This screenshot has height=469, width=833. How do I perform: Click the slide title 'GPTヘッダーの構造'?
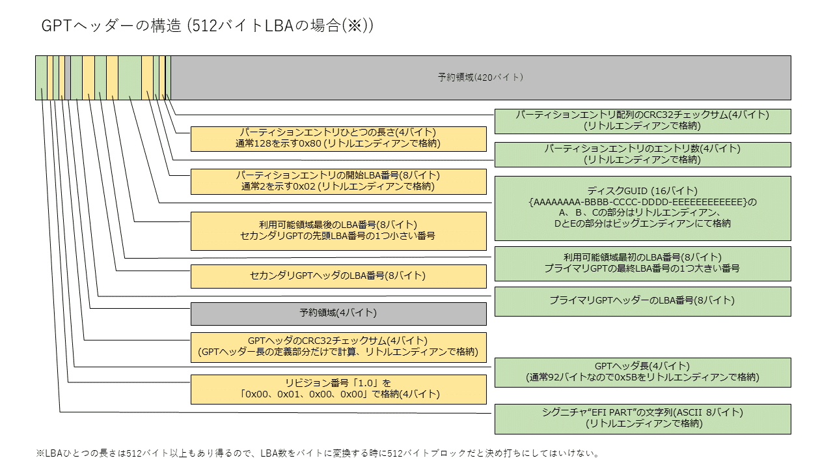point(111,25)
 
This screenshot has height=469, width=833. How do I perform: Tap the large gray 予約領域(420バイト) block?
point(481,78)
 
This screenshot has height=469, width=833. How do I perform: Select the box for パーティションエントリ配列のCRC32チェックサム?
point(642,121)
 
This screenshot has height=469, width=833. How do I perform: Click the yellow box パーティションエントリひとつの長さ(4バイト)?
point(338,139)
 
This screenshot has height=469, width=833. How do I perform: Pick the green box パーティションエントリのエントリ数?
point(642,154)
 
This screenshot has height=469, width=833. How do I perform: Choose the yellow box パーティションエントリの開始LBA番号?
point(338,182)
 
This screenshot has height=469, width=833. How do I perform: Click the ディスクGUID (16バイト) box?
point(642,208)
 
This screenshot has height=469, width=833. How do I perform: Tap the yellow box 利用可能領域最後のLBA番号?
point(338,231)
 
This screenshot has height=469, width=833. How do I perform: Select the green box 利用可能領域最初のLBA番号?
point(642,264)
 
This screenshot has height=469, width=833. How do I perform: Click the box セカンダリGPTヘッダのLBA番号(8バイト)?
point(338,276)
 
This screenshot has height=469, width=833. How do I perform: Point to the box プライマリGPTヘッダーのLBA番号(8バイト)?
point(642,302)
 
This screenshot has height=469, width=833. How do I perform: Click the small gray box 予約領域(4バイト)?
point(338,313)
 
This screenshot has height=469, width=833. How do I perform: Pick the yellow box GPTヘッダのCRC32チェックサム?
point(338,347)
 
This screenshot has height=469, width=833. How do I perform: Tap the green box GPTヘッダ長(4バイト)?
point(642,373)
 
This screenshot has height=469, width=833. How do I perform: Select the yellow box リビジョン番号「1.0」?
point(338,390)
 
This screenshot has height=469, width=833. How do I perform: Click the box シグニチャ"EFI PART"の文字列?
point(642,419)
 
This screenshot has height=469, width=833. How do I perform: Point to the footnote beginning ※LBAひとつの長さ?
point(318,453)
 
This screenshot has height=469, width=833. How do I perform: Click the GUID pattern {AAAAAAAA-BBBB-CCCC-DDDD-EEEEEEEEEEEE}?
point(638,202)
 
